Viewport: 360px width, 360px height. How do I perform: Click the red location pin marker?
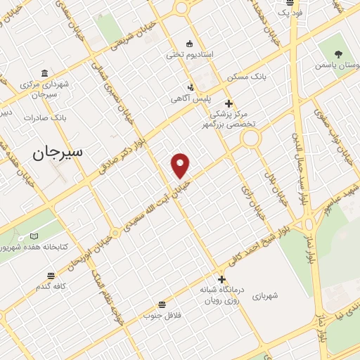181,165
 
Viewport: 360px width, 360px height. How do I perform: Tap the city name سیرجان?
57,151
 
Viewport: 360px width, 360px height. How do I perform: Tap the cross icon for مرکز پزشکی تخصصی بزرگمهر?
229,103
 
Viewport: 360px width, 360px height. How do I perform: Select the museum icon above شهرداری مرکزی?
45,73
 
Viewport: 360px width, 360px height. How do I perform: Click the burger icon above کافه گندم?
51,276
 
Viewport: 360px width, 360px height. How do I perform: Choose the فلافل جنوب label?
162,314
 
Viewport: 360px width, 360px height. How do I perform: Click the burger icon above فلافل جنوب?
162,304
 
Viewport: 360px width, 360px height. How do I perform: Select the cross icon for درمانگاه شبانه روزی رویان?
221,279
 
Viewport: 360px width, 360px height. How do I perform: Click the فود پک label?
289,13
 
